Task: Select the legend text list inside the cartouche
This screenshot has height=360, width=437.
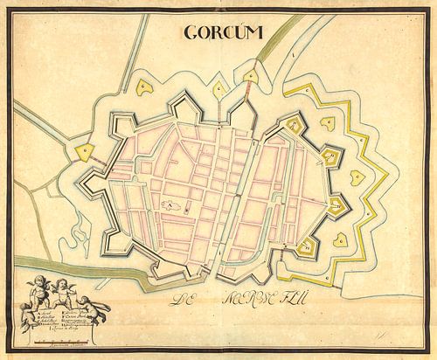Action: point(74,315)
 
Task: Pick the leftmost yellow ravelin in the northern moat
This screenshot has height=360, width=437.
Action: point(141,88)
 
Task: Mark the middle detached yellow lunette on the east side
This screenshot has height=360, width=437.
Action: point(357,177)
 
